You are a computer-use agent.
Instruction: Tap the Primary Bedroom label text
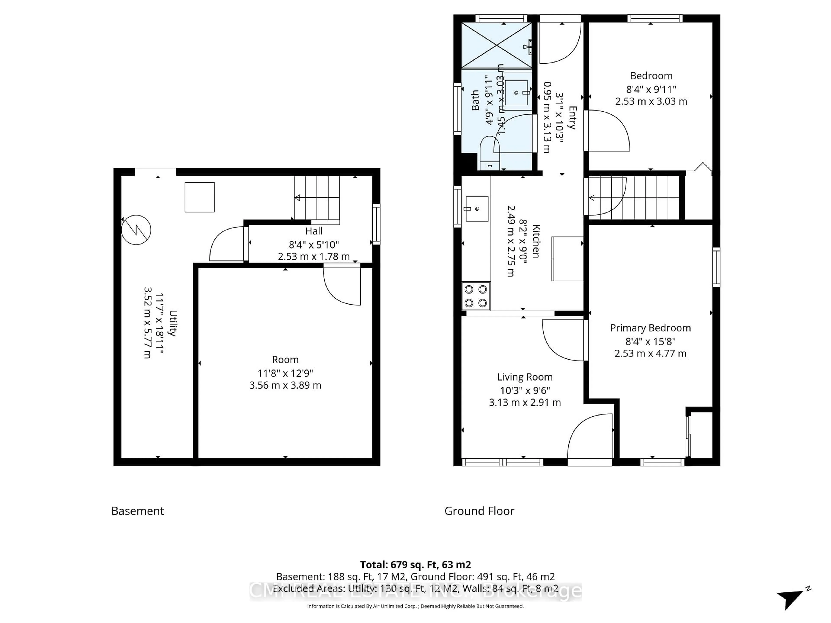pyautogui.click(x=650, y=328)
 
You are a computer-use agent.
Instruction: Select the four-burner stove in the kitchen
pyautogui.click(x=476, y=296)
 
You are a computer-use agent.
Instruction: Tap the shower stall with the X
pyautogui.click(x=496, y=46)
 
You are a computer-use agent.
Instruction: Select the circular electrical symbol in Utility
pyautogui.click(x=136, y=230)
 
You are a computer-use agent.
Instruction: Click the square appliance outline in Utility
pyautogui.click(x=200, y=197)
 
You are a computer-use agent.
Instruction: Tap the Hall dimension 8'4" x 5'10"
pyautogui.click(x=314, y=245)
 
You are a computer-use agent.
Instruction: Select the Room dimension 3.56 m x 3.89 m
pyautogui.click(x=285, y=385)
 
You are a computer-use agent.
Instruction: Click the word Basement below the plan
pyautogui.click(x=137, y=511)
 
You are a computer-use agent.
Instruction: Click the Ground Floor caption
pyautogui.click(x=479, y=511)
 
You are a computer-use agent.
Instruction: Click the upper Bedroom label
pyautogui.click(x=651, y=76)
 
